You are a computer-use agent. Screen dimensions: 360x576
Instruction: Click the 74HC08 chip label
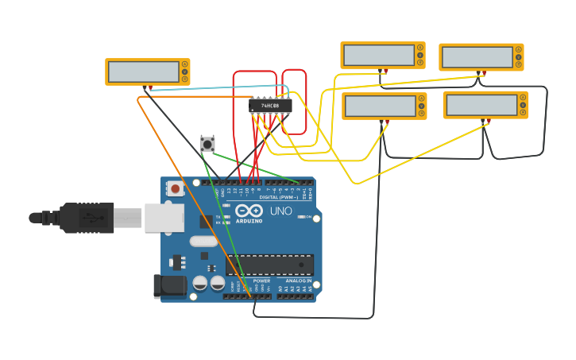(270, 106)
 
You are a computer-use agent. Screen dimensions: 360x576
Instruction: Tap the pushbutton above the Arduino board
(207, 145)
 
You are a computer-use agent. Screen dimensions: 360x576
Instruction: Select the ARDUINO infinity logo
(249, 211)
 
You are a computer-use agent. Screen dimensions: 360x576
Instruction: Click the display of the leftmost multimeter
(144, 72)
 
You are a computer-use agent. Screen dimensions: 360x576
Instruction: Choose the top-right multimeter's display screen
(477, 57)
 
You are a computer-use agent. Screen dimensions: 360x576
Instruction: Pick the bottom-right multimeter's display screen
(481, 106)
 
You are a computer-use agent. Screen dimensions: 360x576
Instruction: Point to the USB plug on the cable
(87, 218)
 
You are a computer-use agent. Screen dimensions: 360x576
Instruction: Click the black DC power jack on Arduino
(168, 286)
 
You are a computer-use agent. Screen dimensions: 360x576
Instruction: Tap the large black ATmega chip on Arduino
(269, 265)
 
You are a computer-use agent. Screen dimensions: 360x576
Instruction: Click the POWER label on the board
(261, 281)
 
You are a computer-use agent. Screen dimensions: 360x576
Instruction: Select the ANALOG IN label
(299, 281)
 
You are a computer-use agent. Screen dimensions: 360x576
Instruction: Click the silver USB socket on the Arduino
(164, 218)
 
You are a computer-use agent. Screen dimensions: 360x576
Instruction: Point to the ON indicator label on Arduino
(308, 217)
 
